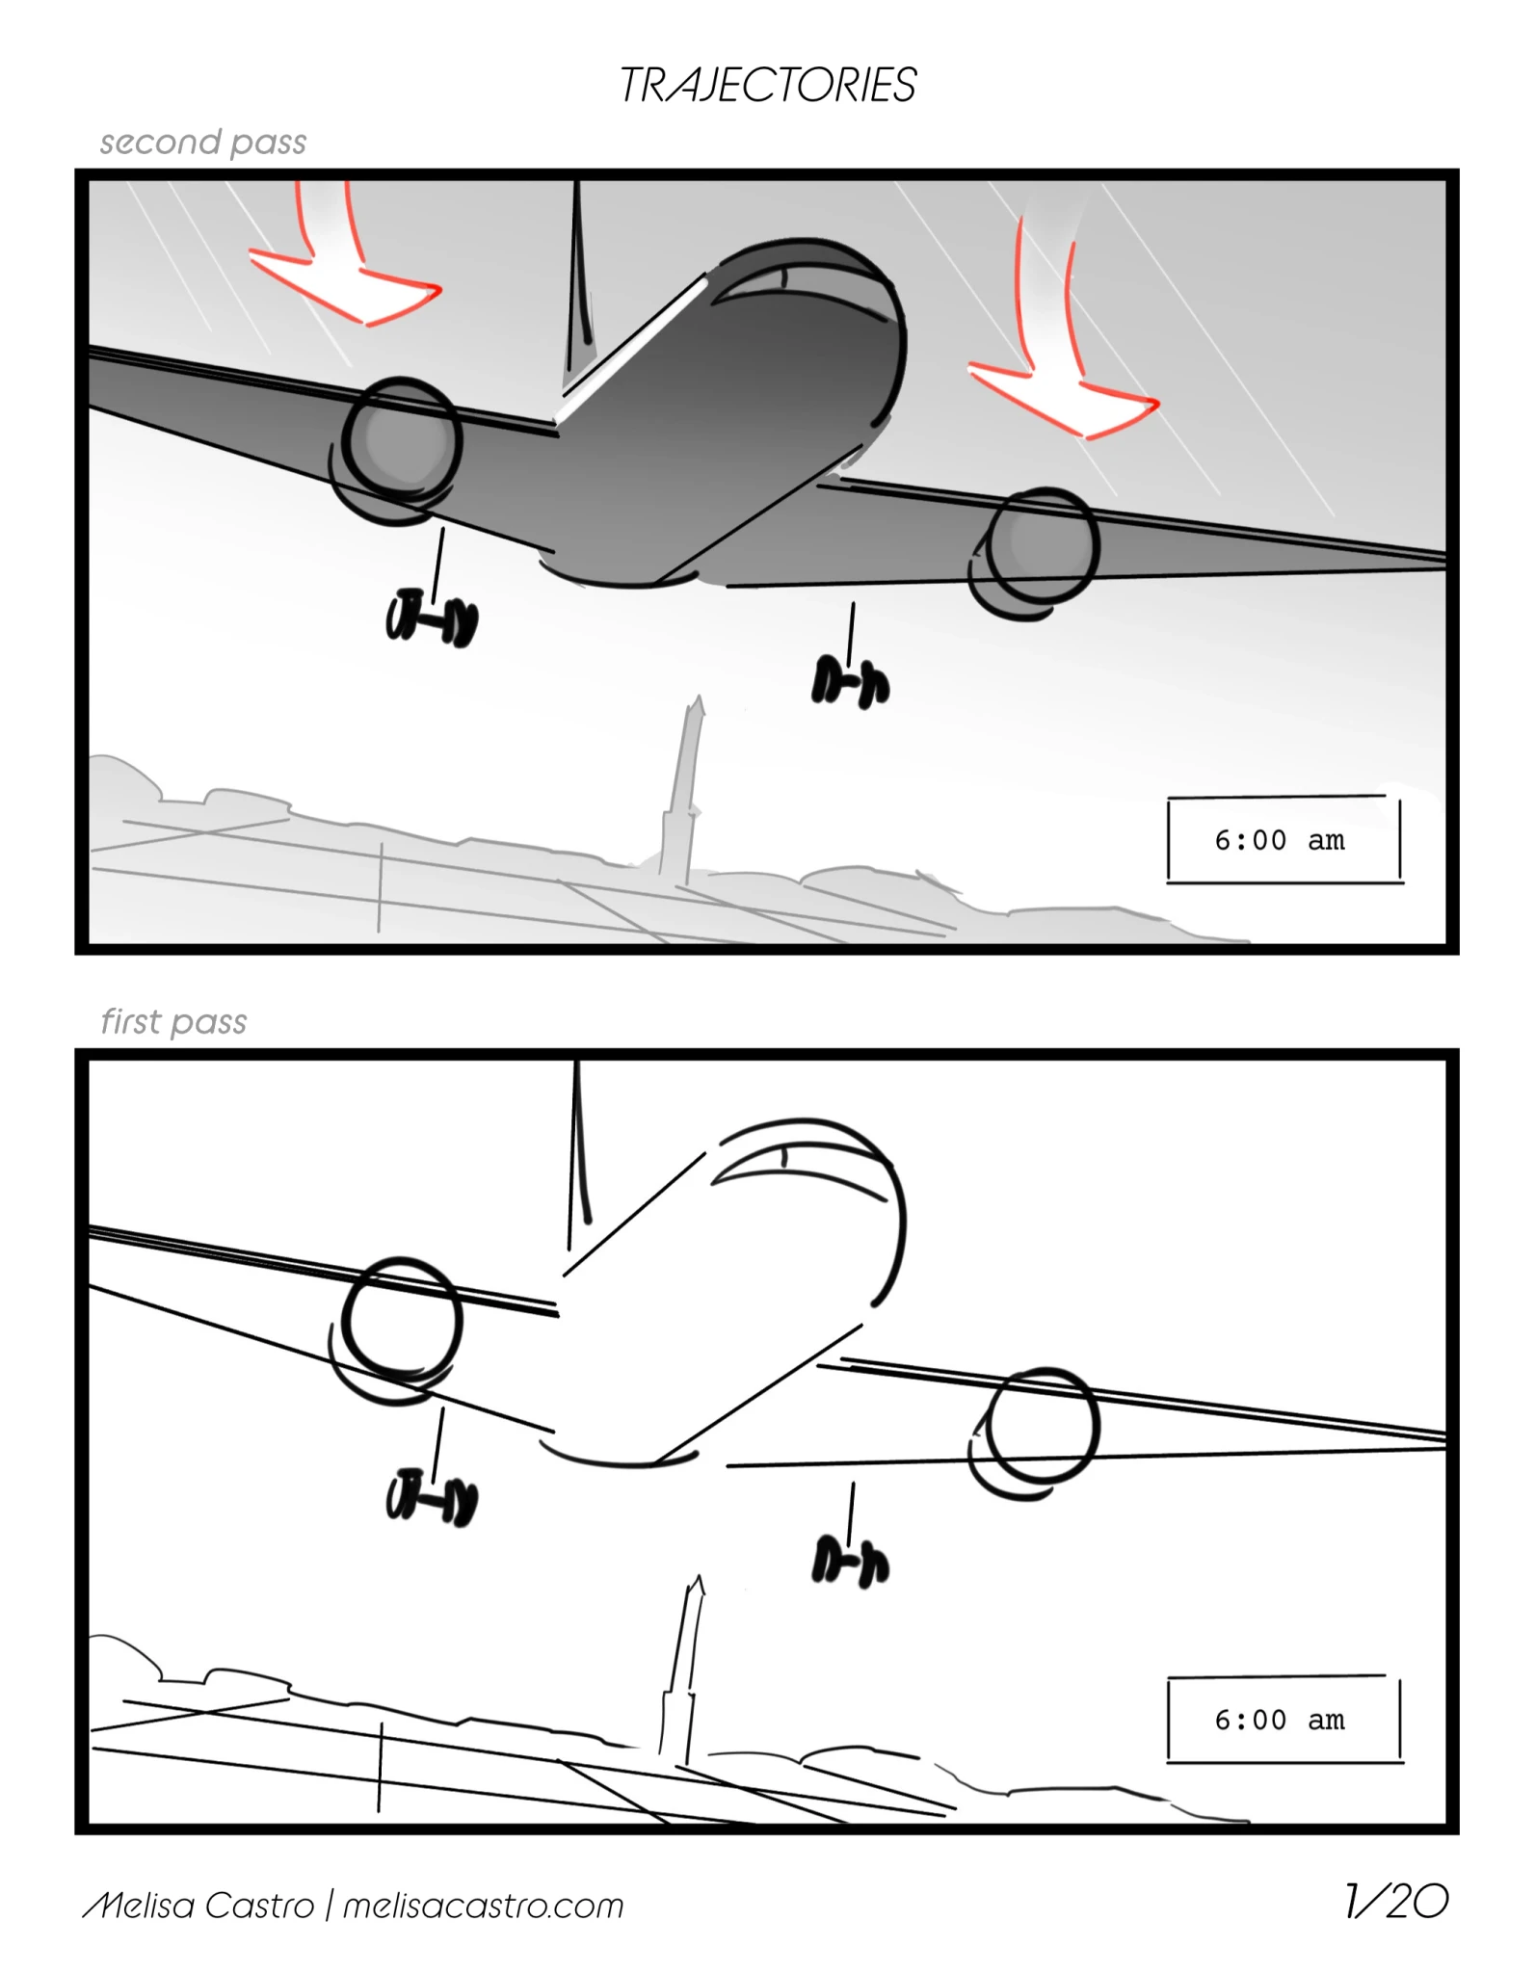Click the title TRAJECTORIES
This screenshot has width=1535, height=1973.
pyautogui.click(x=767, y=85)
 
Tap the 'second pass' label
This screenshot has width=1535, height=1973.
pyautogui.click(x=203, y=143)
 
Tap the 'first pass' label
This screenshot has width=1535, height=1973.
pyautogui.click(x=174, y=1021)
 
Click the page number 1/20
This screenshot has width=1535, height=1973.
pyautogui.click(x=1396, y=1901)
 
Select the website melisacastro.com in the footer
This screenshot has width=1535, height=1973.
pyautogui.click(x=484, y=1906)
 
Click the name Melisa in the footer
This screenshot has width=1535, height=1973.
pyautogui.click(x=141, y=1906)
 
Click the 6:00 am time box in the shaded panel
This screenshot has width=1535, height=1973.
pyautogui.click(x=1284, y=839)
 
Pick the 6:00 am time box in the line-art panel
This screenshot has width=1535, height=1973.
pyautogui.click(x=1284, y=1720)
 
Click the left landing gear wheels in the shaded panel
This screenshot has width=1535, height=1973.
pyautogui.click(x=432, y=618)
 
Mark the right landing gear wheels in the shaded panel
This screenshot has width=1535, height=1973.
pyautogui.click(x=851, y=682)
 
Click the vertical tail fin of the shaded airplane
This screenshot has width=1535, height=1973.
pyautogui.click(x=578, y=279)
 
